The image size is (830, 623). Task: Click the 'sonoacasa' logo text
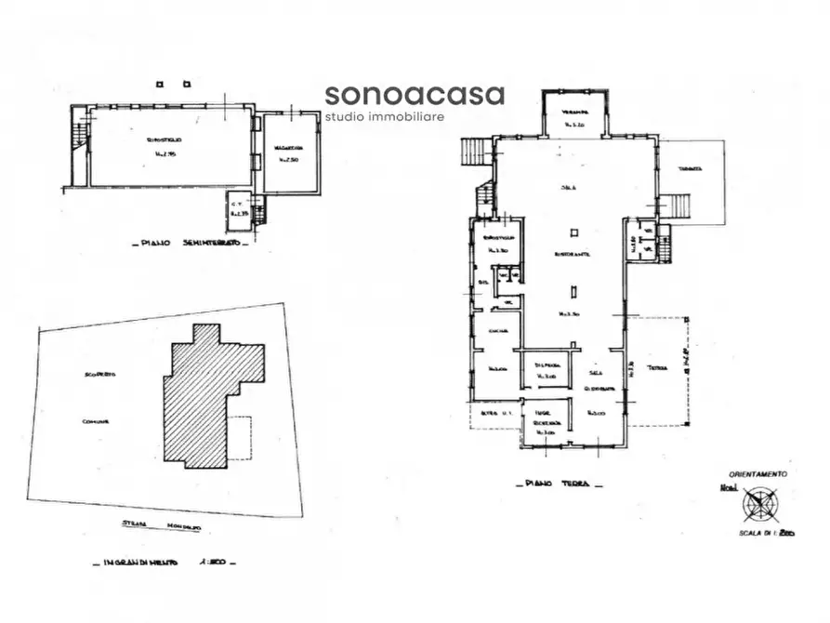[x=415, y=95]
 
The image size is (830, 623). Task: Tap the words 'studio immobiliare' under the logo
[x=384, y=117]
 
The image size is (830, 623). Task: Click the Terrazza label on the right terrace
[x=689, y=169]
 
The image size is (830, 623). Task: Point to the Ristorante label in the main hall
[x=573, y=254]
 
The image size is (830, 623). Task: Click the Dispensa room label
[x=547, y=365]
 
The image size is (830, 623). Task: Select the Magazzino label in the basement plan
[x=287, y=149]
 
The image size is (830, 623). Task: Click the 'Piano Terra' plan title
[x=558, y=484]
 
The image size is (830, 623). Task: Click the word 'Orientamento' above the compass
[x=758, y=473]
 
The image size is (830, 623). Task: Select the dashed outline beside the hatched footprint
[x=240, y=437]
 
